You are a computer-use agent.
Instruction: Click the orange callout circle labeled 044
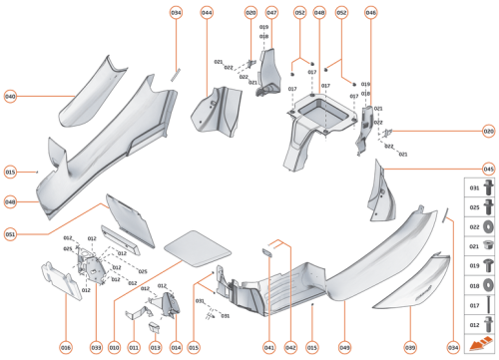[207, 13]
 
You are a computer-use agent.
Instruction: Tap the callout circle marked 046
[370, 13]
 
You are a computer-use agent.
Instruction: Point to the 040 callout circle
[11, 97]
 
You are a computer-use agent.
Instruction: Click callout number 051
[11, 234]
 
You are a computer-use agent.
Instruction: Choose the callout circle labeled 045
[488, 170]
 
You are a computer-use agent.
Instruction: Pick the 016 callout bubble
[66, 346]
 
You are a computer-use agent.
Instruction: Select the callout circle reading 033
[97, 346]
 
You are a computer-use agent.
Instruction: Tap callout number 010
[116, 346]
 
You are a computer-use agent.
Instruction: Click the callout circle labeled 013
[155, 346]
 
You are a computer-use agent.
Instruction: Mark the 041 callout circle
[269, 346]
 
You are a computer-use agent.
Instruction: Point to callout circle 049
[344, 346]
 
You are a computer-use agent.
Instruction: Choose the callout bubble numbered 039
[409, 346]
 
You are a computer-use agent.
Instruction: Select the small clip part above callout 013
[155, 324]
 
